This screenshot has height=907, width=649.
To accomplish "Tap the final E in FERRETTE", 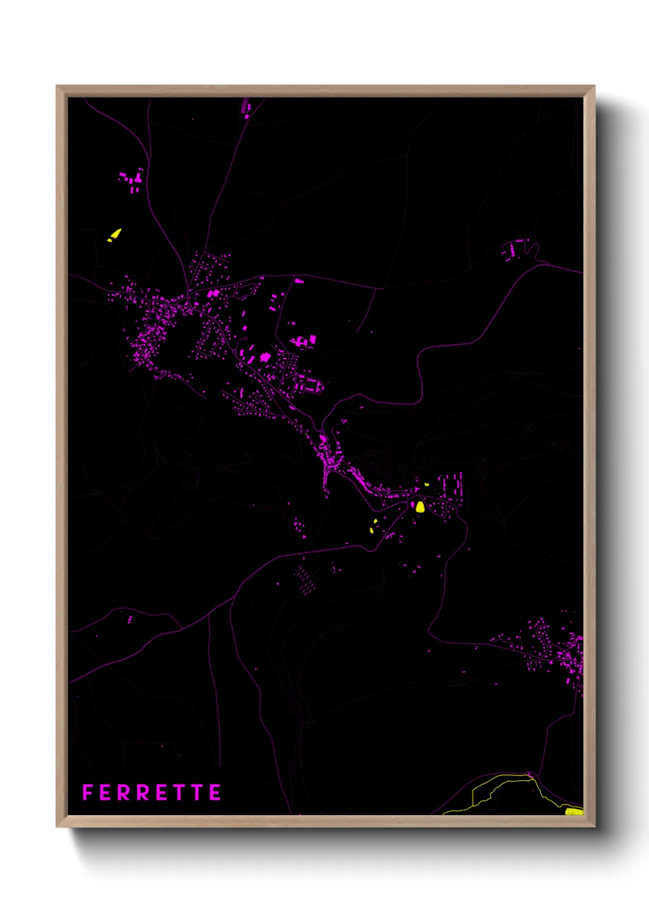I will pyautogui.click(x=215, y=792).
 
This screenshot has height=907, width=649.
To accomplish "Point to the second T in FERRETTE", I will pyautogui.click(x=198, y=792).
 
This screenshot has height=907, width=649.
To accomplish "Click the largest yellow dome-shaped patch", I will pyautogui.click(x=420, y=507).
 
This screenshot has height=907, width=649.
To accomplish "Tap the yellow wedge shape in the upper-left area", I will pyautogui.click(x=115, y=234).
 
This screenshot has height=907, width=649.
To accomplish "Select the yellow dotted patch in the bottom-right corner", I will pyautogui.click(x=573, y=811).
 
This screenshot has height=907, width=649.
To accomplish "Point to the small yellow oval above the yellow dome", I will pyautogui.click(x=426, y=485).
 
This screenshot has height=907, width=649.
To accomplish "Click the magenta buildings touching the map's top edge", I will pyautogui.click(x=247, y=107).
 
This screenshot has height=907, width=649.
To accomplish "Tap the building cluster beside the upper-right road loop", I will pyautogui.click(x=512, y=250).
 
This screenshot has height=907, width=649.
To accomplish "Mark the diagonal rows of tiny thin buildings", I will pyautogui.click(x=305, y=579).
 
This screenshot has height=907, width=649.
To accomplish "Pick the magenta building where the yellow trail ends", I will pyautogui.click(x=531, y=775).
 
